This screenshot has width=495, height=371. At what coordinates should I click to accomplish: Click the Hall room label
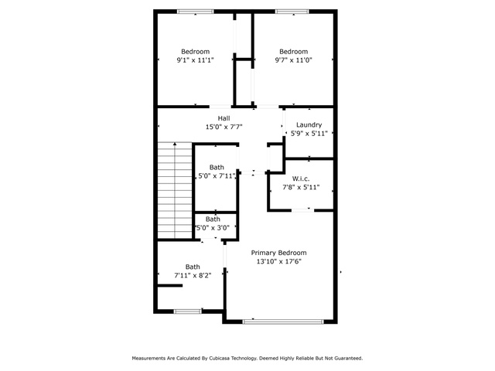[x=224, y=118]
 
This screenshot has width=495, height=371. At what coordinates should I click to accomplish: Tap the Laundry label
[x=309, y=124]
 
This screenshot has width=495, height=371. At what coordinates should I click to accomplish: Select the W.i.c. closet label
[x=301, y=179]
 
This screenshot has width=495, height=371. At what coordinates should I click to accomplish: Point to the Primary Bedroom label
[x=278, y=253]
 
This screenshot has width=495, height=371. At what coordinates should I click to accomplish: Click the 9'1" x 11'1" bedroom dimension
[x=196, y=60]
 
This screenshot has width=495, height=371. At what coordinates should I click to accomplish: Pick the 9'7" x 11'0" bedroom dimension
[x=294, y=60]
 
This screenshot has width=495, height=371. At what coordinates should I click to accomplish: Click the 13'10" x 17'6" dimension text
[x=279, y=261]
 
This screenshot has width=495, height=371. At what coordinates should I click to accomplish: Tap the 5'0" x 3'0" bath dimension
[x=213, y=227]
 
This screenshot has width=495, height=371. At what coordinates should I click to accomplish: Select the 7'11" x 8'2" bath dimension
[x=193, y=275]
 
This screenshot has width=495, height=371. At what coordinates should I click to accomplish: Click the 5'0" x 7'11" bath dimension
[x=217, y=175]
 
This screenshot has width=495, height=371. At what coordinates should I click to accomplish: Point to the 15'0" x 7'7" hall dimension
[x=224, y=127]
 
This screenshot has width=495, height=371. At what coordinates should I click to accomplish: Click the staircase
[x=175, y=191]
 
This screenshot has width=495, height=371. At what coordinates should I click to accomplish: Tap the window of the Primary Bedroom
[x=283, y=322]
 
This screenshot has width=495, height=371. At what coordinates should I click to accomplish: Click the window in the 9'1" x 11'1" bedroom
[x=196, y=12]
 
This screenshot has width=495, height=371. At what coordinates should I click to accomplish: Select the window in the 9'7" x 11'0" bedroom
[x=292, y=12]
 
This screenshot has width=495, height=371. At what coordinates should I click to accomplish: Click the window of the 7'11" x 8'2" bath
[x=188, y=311]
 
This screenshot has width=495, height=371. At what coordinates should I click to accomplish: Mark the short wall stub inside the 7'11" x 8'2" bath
[x=170, y=285]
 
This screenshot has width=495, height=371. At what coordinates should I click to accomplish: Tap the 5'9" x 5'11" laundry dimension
[x=309, y=133]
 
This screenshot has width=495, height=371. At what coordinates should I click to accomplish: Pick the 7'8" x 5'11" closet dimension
[x=301, y=187]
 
